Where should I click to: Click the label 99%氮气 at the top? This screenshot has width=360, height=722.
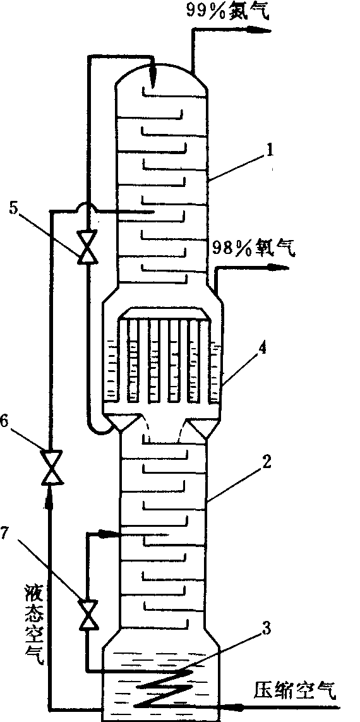coord(227,11)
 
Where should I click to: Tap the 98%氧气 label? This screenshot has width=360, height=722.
coord(254,249)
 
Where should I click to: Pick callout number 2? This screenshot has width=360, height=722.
coord(265,464)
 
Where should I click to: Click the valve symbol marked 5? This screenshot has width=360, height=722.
coord(87,246)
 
